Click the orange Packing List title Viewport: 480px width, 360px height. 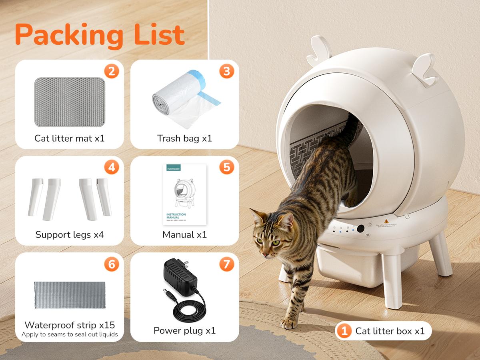[100, 35]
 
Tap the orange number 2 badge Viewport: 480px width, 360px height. [111, 72]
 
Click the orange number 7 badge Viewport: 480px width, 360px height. [226, 264]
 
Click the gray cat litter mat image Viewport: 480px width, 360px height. [70, 102]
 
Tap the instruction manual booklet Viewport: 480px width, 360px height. [184, 194]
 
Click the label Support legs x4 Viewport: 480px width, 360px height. [70, 234]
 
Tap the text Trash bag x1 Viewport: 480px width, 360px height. [184, 138]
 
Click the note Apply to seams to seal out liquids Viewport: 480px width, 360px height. [70, 334]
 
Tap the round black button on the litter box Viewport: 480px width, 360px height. [361, 229]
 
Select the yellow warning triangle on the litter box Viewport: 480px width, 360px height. [386, 221]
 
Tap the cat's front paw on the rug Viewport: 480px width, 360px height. [289, 322]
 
